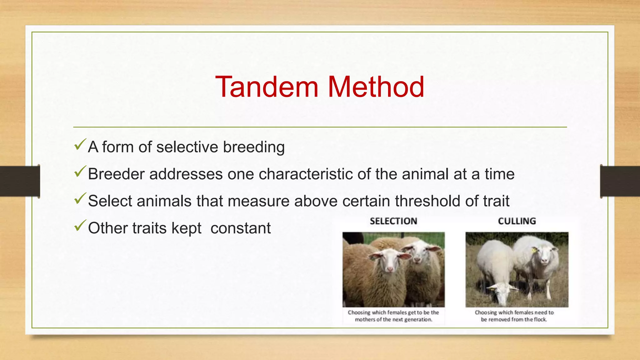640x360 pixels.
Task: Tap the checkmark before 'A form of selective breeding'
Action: coord(80,145)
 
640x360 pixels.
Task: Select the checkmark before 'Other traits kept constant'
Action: coord(80,226)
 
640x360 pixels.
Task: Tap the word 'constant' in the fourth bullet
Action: coord(240,228)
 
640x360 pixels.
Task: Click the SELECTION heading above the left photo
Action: coord(393,221)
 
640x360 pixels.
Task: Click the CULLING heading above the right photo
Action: coord(517,221)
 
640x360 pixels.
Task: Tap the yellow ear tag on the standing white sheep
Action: coord(534,250)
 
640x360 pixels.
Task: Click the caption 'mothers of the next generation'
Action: coord(393,319)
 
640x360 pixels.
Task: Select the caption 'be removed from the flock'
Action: coord(514,319)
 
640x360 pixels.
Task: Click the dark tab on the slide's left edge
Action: coord(20,181)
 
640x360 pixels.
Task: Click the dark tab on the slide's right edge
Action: coord(620,181)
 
